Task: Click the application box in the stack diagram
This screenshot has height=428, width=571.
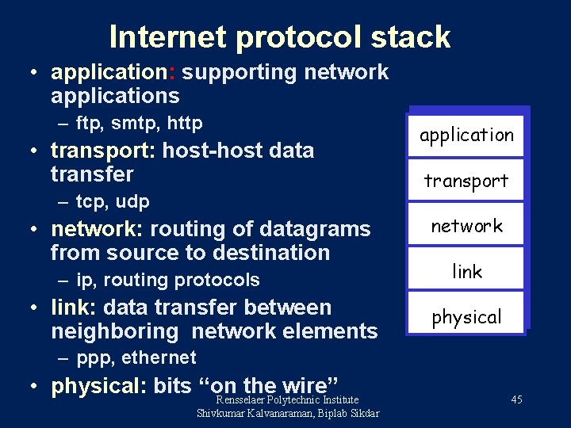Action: pyautogui.click(x=466, y=136)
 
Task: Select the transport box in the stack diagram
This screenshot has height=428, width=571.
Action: pyautogui.click(x=466, y=181)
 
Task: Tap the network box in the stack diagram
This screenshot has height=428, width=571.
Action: pyautogui.click(x=466, y=226)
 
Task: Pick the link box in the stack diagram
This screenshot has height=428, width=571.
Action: pyautogui.click(x=466, y=272)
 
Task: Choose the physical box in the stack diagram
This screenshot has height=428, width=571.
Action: pyautogui.click(x=466, y=317)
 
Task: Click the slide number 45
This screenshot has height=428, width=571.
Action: pyautogui.click(x=516, y=399)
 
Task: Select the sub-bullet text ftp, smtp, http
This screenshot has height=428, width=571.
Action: pyautogui.click(x=140, y=123)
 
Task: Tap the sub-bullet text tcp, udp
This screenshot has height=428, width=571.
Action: pyautogui.click(x=113, y=201)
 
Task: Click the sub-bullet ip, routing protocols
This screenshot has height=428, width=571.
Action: pyautogui.click(x=168, y=280)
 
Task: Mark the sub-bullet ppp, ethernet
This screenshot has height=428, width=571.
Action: pyautogui.click(x=136, y=357)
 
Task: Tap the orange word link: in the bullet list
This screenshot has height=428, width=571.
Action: pyautogui.click(x=74, y=307)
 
